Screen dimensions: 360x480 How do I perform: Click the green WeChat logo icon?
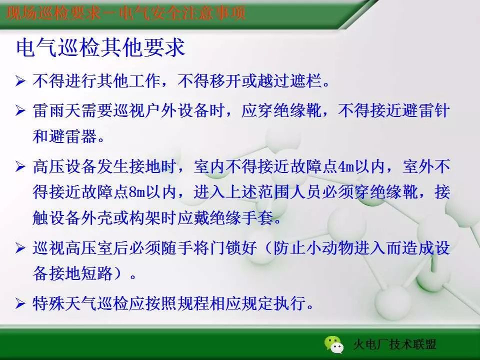coord(334,343)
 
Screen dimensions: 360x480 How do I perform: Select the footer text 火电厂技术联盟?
coord(394,344)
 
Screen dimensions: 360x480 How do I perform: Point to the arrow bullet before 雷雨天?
coord(20,111)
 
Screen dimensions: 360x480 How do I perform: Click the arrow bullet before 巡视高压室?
coord(20,247)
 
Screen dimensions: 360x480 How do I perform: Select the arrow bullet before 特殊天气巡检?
coord(20,303)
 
